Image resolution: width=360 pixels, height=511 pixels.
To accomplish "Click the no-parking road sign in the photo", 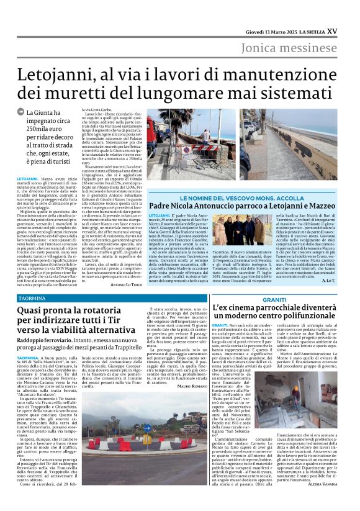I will coord(186,150).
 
